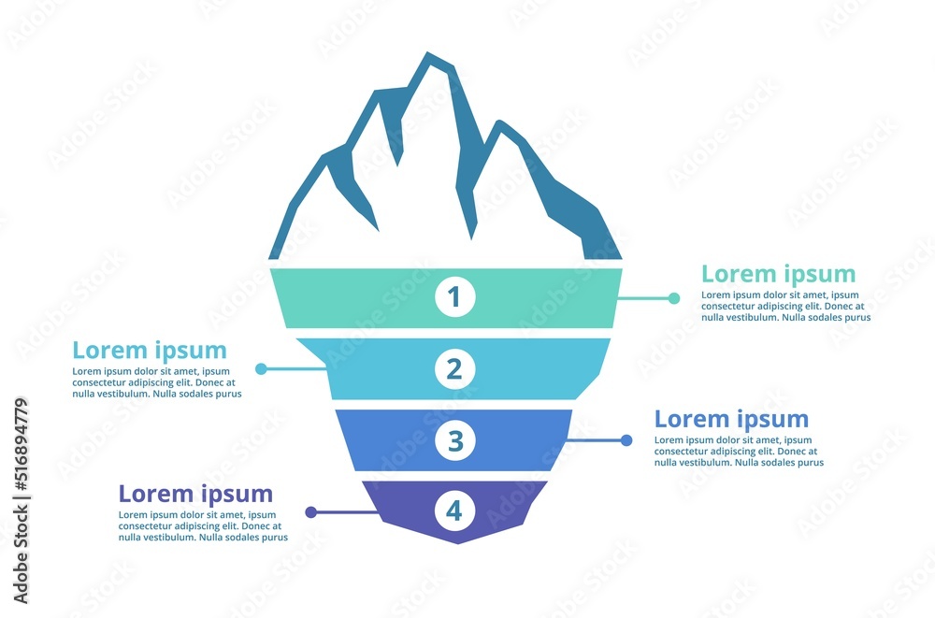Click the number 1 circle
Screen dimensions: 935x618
pyautogui.click(x=455, y=296)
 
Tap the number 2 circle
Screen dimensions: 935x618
pyautogui.click(x=455, y=368)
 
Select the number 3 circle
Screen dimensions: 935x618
pyautogui.click(x=455, y=441)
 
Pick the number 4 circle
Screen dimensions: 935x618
pyautogui.click(x=455, y=510)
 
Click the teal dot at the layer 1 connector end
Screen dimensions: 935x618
pyautogui.click(x=674, y=298)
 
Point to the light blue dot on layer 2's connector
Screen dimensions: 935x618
pyautogui.click(x=261, y=369)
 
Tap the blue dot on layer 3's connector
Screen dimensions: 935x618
pyautogui.click(x=626, y=440)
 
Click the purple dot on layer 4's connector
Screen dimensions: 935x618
pyautogui.click(x=310, y=511)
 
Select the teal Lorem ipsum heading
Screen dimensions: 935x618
pyautogui.click(x=778, y=274)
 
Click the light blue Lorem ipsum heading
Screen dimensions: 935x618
pyautogui.click(x=150, y=351)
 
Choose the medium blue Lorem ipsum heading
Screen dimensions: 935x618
pyautogui.click(x=732, y=420)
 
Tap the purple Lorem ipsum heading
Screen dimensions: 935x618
pyautogui.click(x=195, y=495)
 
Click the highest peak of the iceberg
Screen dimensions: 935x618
pyautogui.click(x=427, y=53)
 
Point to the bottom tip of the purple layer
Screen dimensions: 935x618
pyautogui.click(x=458, y=543)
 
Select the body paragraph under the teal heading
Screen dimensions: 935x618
pyautogui.click(x=786, y=306)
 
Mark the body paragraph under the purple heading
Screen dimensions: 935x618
pyautogui.click(x=203, y=526)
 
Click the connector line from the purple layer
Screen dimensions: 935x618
pyautogui.click(x=345, y=511)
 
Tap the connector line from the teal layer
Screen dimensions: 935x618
pyautogui.click(x=646, y=297)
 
